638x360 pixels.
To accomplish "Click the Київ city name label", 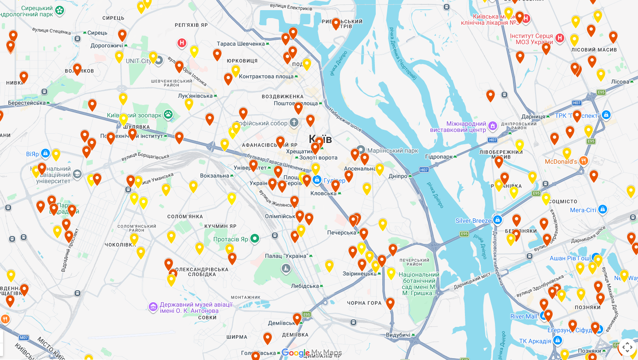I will point(320,139).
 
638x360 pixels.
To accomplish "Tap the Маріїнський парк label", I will point(392,150).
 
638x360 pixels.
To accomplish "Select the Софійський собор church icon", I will point(294,122).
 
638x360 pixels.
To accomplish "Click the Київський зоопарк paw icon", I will point(168,115).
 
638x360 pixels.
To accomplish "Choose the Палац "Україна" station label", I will point(287,256).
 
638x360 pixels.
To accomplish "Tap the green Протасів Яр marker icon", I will point(255,239).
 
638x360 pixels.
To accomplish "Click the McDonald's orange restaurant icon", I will point(584,161).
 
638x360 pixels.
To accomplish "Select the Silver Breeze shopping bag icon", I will point(498,220).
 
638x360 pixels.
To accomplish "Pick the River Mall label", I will point(524,316).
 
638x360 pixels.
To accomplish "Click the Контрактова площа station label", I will point(266,76).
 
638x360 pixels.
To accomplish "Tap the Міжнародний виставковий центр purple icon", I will point(493,126).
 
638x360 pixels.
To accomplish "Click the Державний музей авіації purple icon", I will point(153,307).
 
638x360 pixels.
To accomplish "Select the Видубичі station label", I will point(398,335).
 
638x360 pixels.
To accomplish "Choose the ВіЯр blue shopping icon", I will point(45,154).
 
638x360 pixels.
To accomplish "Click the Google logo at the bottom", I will point(295,353).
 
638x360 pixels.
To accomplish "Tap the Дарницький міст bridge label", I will point(472,281).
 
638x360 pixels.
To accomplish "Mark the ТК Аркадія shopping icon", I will point(558,341).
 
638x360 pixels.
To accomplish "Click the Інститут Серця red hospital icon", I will point(560,38).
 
